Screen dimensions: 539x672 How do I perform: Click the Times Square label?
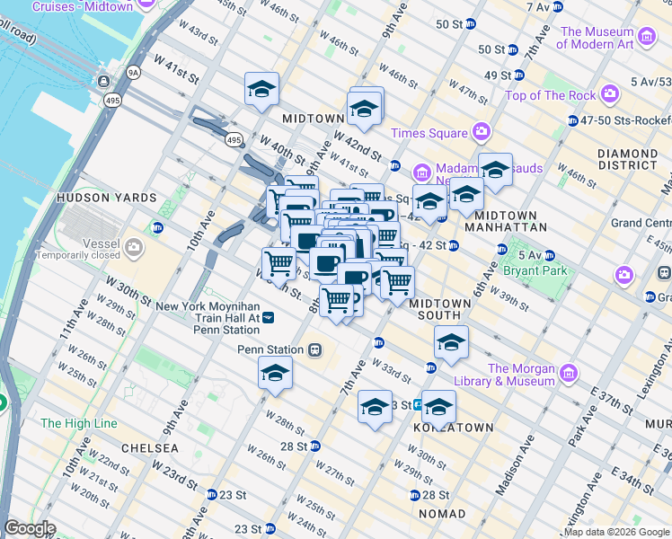pos(429,133)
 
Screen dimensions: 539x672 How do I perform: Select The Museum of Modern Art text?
pos(597,38)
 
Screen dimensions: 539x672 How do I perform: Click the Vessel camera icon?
pos(135,246)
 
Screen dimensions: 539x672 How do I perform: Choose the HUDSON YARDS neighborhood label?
pos(106,197)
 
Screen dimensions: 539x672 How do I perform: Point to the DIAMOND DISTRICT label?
pos(627,159)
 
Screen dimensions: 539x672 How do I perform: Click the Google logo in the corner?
pos(30,529)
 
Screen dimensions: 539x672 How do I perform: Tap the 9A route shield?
pos(134,71)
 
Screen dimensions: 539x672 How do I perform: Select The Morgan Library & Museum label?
pos(521,375)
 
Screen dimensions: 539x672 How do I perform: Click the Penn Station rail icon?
pos(315,349)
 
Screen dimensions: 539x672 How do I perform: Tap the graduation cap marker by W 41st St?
pos(261,89)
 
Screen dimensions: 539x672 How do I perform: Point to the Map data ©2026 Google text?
pos(616,532)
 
